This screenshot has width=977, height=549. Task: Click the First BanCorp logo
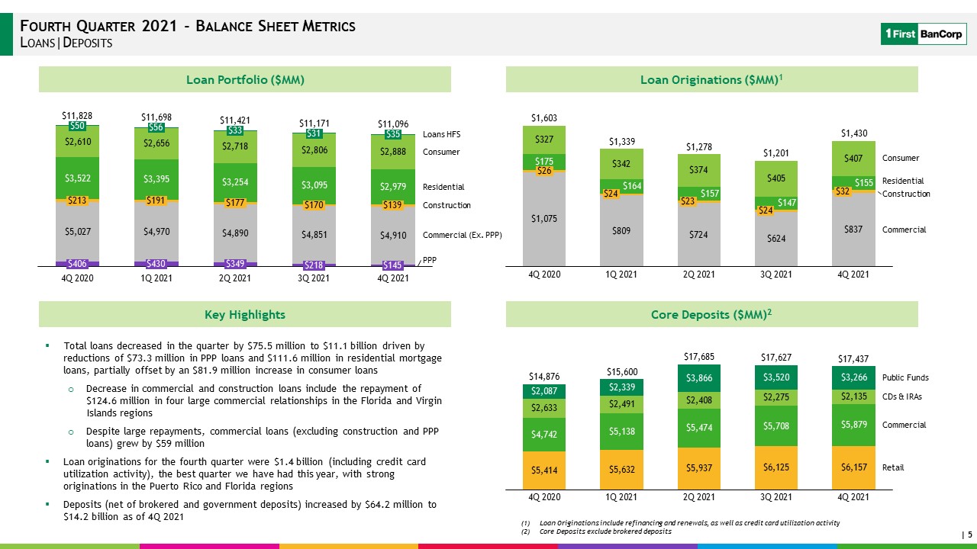[924, 34]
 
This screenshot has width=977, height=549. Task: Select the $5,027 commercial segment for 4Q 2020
[77, 231]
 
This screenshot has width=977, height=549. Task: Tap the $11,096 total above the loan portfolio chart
[393, 124]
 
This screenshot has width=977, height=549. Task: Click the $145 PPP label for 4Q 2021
[392, 265]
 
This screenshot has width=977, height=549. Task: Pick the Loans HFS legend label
[441, 134]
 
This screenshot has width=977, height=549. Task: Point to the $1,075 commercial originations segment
[544, 219]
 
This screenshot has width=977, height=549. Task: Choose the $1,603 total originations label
[544, 118]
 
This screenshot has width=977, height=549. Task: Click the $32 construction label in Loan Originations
[842, 191]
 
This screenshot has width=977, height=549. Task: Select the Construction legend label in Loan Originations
[906, 194]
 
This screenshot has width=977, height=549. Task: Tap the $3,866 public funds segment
[698, 378]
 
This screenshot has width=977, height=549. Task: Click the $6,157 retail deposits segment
[853, 467]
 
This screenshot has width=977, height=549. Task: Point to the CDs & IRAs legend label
[902, 396]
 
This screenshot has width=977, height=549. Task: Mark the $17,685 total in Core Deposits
[698, 357]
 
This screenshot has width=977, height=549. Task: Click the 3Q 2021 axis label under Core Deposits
[776, 497]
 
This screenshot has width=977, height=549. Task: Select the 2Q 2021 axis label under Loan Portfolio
[234, 278]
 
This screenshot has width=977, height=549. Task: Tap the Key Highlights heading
[245, 315]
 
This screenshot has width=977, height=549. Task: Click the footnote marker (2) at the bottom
[526, 531]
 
